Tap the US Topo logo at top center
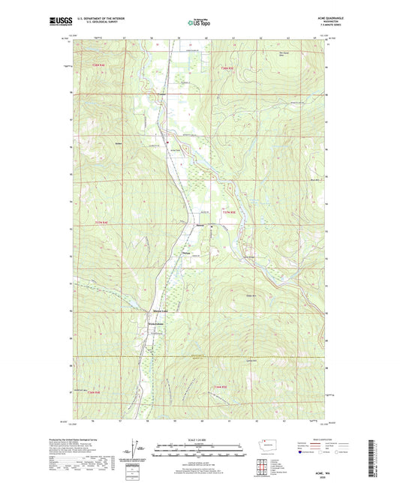tap(200, 23)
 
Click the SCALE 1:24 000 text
tap(200, 439)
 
